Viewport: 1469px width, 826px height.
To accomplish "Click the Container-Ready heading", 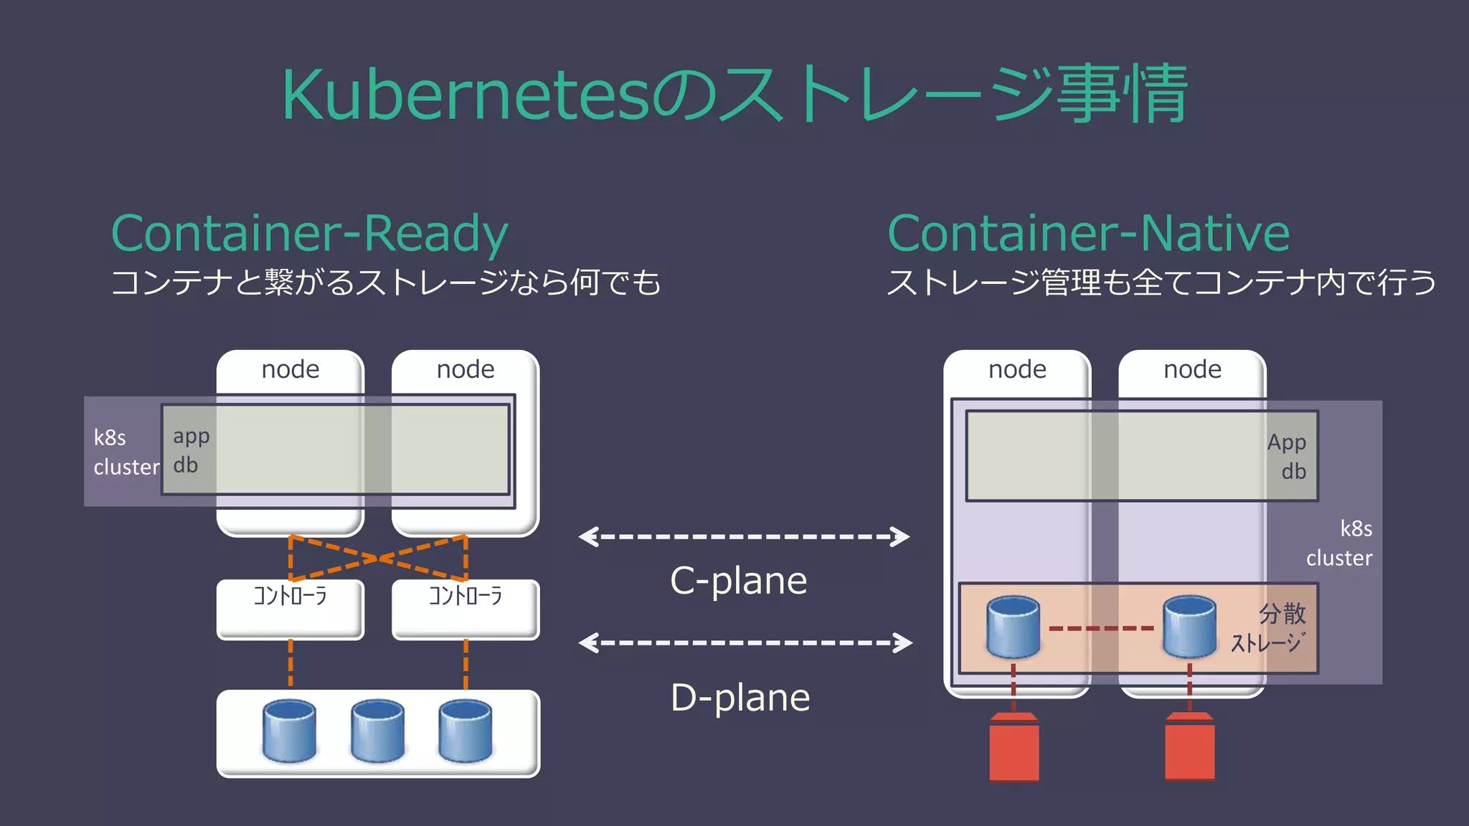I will (x=310, y=234).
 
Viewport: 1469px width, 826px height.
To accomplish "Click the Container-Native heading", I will (x=1088, y=234).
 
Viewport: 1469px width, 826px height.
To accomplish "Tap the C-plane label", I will (x=738, y=581).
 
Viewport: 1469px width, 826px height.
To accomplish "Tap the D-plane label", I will (x=740, y=698).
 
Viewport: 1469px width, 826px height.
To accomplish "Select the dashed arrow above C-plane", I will (x=744, y=536).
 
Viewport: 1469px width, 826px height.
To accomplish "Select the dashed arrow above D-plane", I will (x=745, y=642).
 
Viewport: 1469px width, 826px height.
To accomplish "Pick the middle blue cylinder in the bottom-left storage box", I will (x=377, y=731).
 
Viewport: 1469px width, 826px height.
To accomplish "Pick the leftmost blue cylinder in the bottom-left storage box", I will (x=289, y=731).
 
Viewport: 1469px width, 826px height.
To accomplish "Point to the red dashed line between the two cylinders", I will (x=1101, y=629).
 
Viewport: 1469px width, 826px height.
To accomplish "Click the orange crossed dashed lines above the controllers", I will (x=378, y=558).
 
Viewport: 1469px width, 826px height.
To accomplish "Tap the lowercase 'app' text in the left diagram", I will (x=191, y=437).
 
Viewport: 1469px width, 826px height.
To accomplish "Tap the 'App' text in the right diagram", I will (x=1286, y=442).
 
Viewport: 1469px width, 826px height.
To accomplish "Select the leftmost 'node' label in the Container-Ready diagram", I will (x=290, y=369).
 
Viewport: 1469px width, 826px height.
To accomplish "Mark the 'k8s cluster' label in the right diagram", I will (x=1340, y=543).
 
